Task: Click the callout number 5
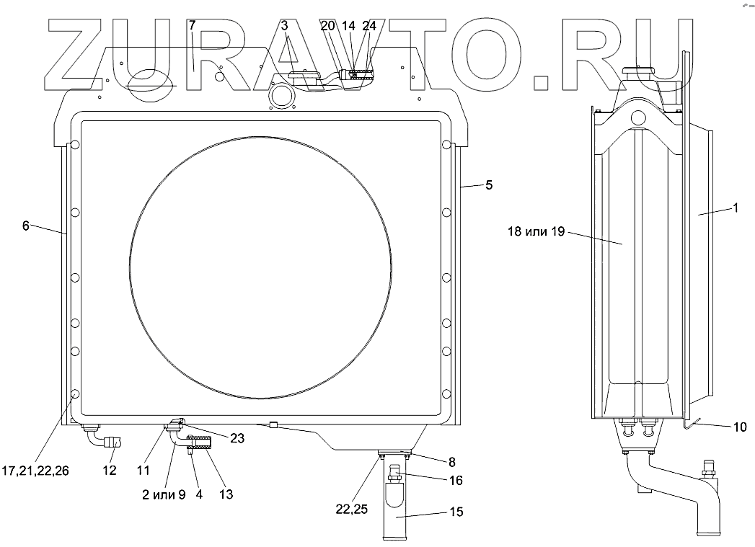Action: coord(489,185)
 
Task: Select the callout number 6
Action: coord(26,225)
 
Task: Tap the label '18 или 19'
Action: coord(536,231)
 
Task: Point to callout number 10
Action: coord(740,427)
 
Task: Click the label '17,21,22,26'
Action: coord(35,471)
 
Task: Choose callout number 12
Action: coord(110,470)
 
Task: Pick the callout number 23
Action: coord(237,438)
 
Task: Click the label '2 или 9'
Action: coord(164,494)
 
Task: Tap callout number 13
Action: coord(226,494)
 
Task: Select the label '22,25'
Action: coord(352,509)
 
